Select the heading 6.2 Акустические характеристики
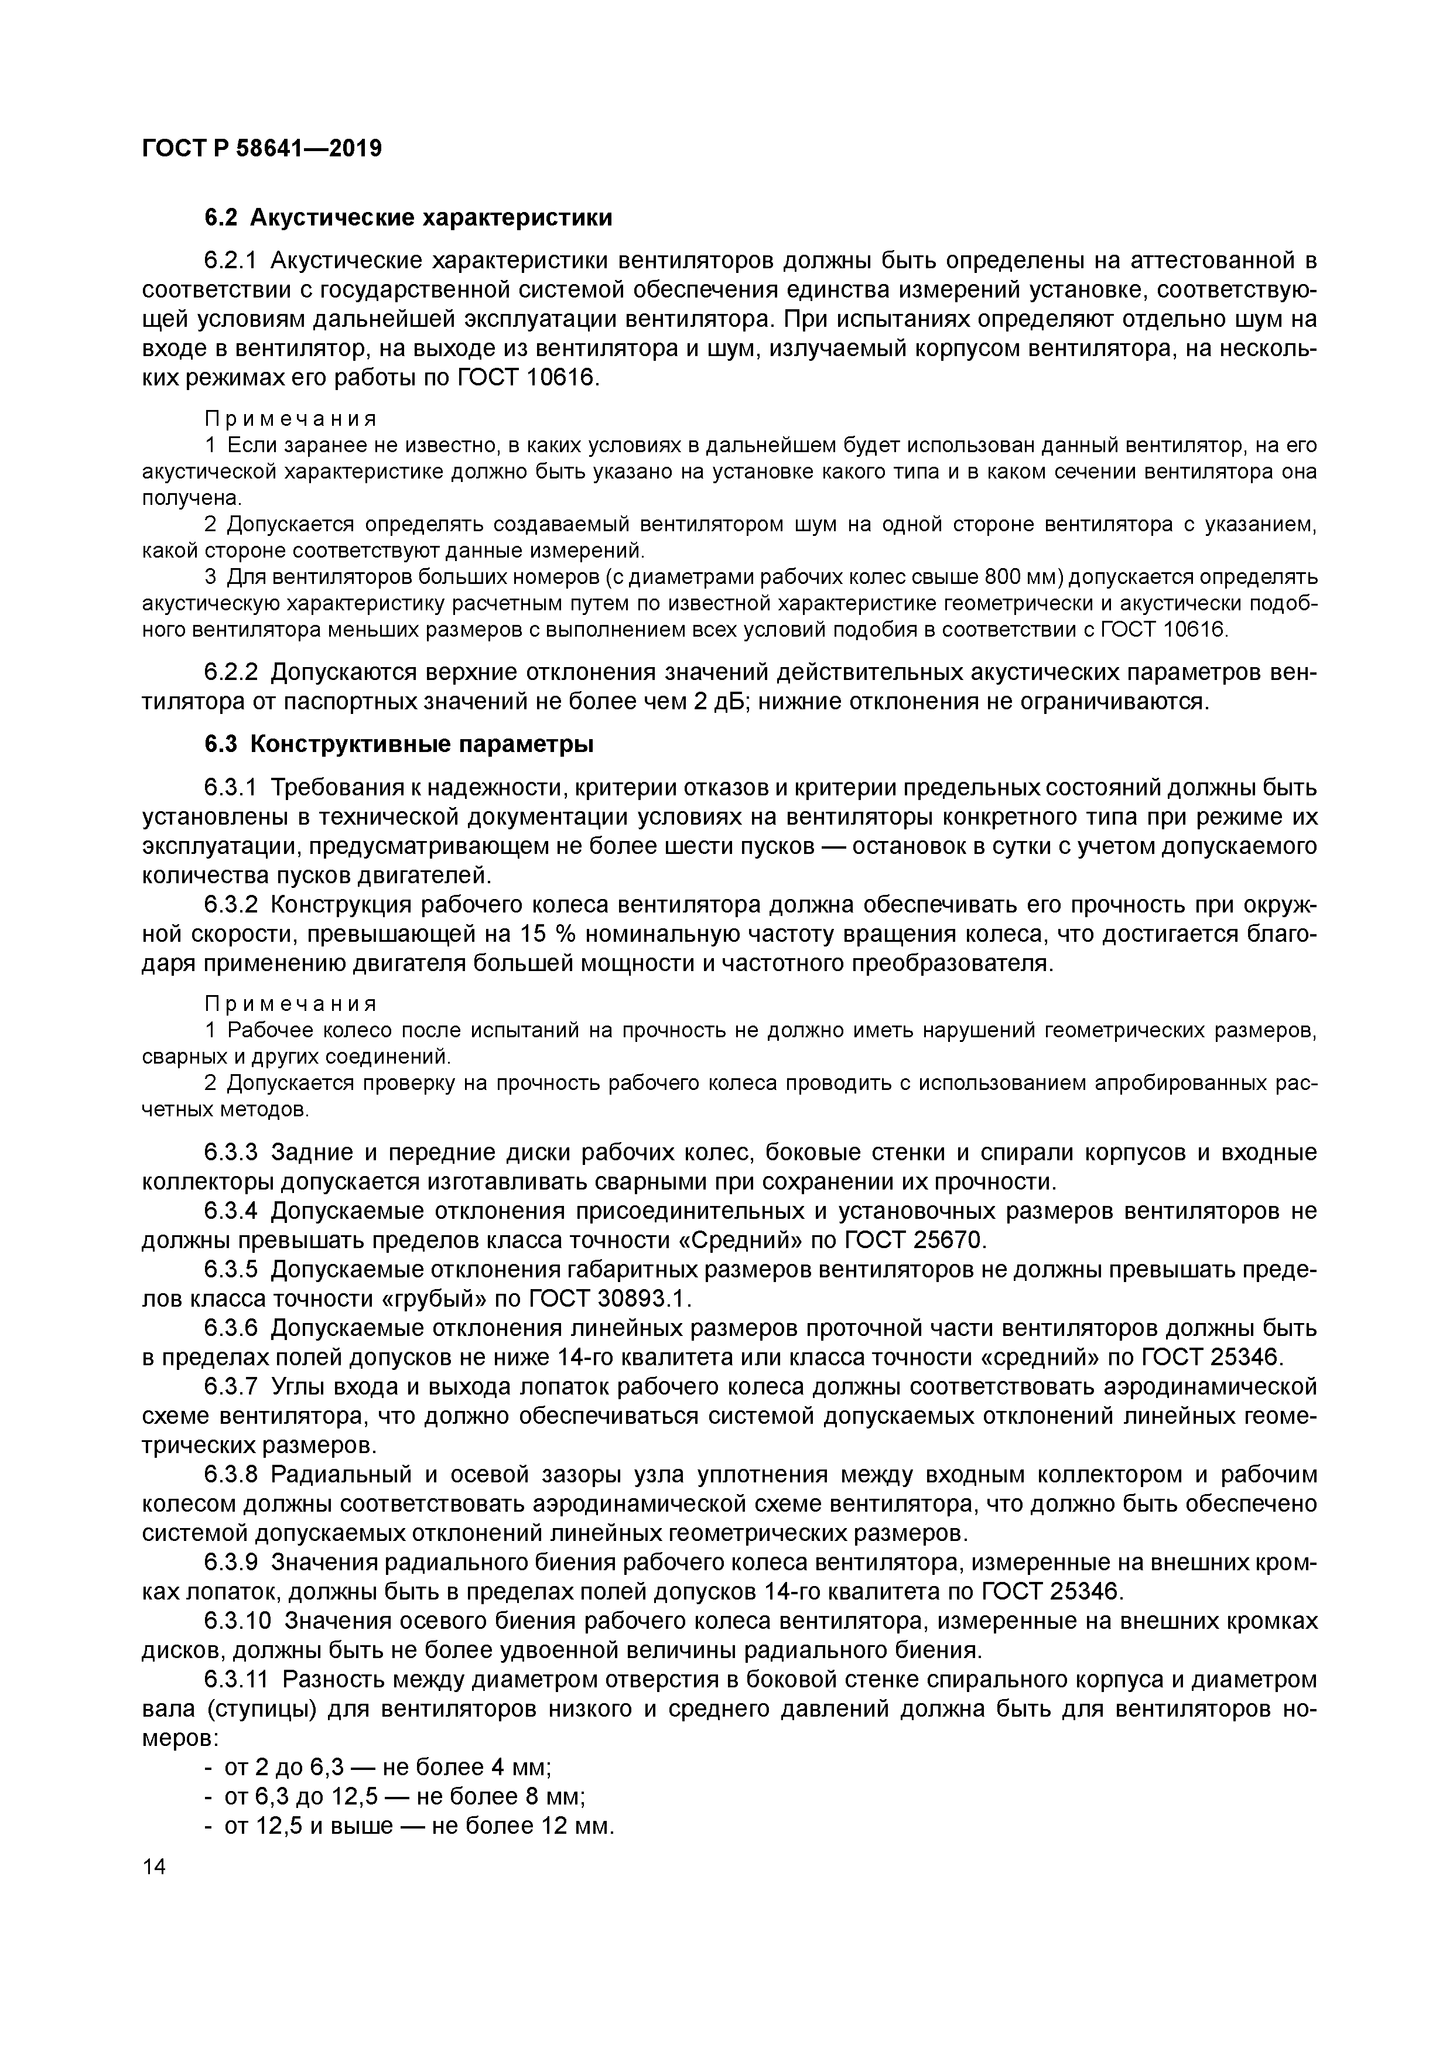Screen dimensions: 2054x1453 tap(408, 217)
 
